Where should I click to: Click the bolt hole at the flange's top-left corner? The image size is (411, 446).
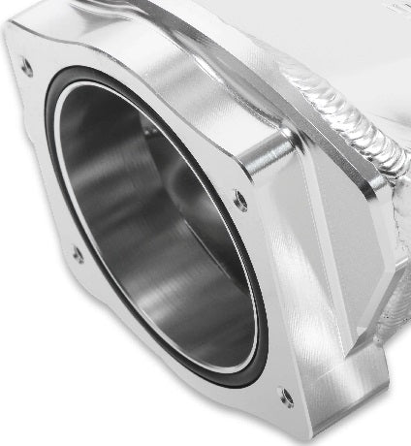[x=26, y=68]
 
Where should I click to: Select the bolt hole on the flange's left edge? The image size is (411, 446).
[x=78, y=255]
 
